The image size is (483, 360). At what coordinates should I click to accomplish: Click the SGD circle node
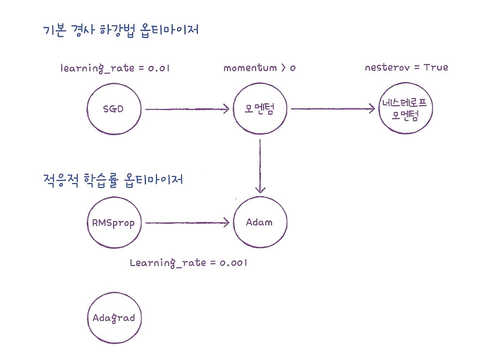(113, 109)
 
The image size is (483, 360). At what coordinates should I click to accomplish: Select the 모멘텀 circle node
(260, 109)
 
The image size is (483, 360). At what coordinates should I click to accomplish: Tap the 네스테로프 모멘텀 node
(406, 109)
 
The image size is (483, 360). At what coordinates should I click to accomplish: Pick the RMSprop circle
(113, 223)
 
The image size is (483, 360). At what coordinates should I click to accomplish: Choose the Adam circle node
(260, 223)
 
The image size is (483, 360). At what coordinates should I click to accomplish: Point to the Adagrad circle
(113, 318)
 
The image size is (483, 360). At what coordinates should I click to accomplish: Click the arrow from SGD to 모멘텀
(186, 109)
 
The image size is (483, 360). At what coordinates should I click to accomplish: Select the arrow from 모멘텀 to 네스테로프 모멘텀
(332, 109)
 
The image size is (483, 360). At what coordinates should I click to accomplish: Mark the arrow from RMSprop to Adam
(186, 223)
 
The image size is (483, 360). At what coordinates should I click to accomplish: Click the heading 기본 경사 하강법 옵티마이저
(121, 30)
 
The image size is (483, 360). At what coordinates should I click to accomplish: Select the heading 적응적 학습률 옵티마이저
(113, 179)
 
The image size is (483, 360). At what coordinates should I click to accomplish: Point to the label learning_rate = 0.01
(115, 68)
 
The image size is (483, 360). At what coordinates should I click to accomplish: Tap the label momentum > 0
(260, 68)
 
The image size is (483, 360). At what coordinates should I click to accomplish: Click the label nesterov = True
(406, 68)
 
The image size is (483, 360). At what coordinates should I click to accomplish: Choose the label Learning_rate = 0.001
(189, 263)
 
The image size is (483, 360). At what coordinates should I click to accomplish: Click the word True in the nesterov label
(436, 68)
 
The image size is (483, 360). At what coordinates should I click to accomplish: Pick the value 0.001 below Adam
(233, 263)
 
